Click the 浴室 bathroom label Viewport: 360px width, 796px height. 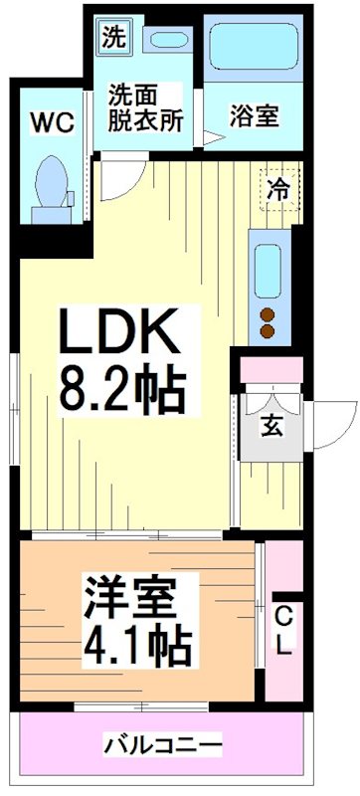pos(253,115)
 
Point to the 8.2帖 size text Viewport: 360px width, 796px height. pos(121,391)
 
